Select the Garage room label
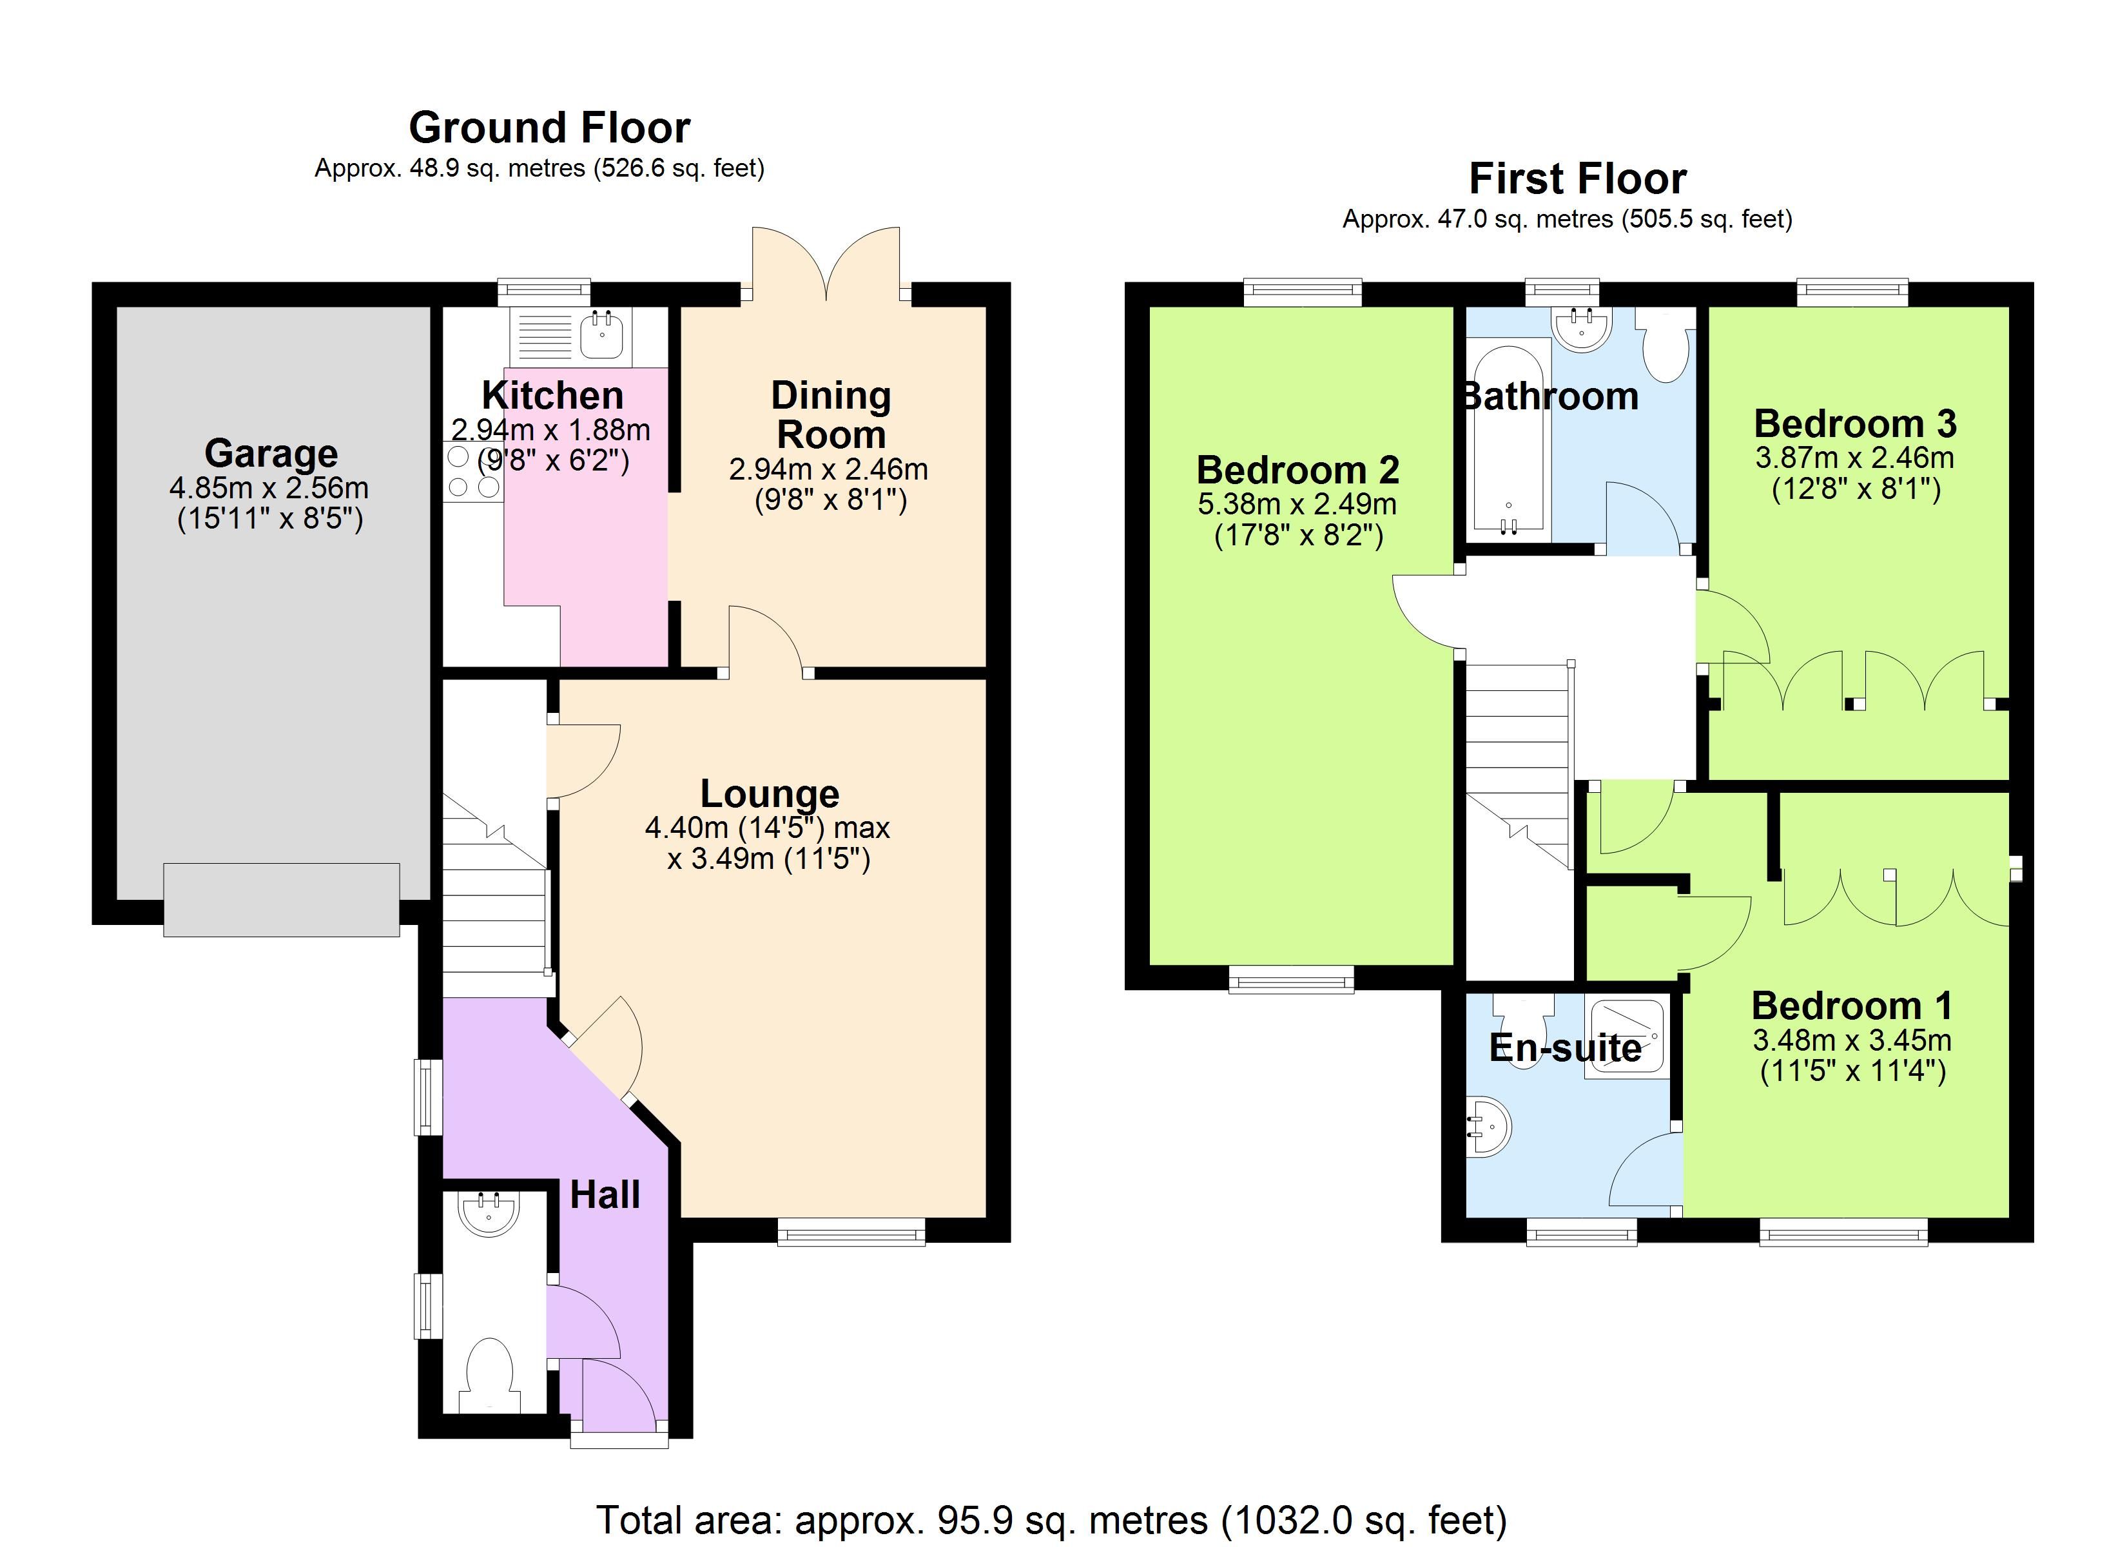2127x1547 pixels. pos(271,453)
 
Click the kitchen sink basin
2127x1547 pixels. pos(601,335)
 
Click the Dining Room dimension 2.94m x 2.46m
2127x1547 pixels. pos(828,469)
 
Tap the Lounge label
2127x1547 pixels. pos(769,793)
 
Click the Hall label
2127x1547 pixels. pos(605,1194)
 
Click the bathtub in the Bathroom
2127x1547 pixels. pos(1508,441)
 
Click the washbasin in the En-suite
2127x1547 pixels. pos(1490,1127)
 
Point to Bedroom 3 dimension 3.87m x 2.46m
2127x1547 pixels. pos(1854,458)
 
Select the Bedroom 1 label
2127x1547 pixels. pos(1851,1006)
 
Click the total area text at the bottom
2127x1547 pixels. pos(1051,1519)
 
